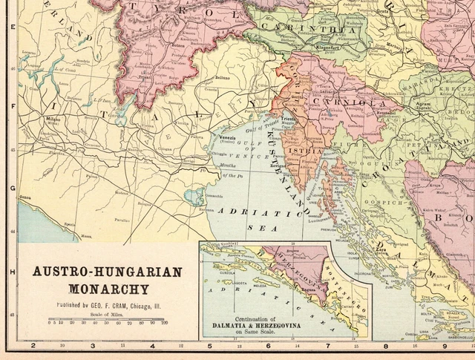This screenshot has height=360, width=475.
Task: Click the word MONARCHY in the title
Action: pos(106,287)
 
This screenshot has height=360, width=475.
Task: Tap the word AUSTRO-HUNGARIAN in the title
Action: pos(106,271)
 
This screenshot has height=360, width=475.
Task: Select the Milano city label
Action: pos(53,119)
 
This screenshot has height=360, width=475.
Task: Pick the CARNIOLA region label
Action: pos(342,102)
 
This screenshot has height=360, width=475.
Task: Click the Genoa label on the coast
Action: pos(26,197)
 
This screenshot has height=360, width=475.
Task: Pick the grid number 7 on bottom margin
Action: pos(327,346)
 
